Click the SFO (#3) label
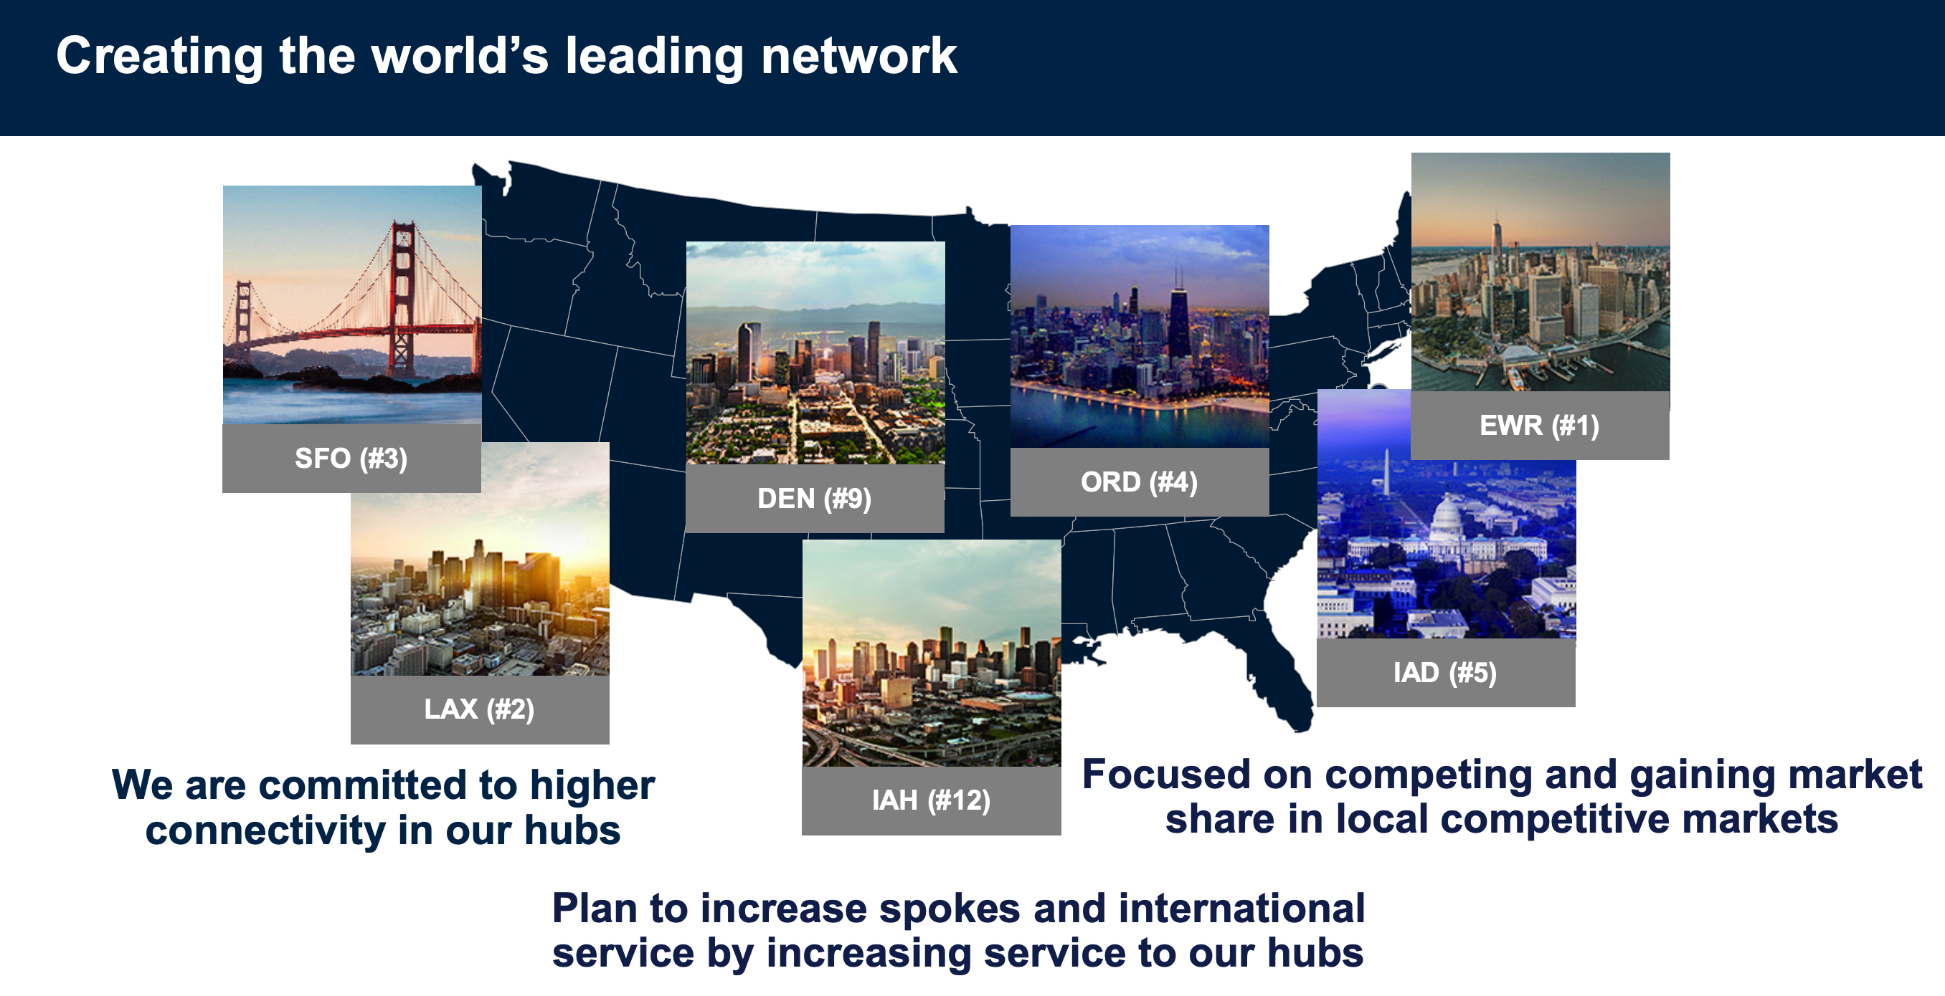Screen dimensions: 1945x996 coord(351,458)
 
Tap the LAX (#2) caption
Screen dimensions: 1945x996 coord(480,709)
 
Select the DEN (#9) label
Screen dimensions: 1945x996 coord(814,498)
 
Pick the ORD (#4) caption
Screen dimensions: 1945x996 coord(1139,482)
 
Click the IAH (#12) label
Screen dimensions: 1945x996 coord(931,800)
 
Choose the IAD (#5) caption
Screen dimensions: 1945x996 coord(1444,672)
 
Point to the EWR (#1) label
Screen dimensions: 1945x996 coord(1539,426)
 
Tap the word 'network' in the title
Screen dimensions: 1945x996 coord(859,56)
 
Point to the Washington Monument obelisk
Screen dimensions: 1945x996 coord(1386,472)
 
